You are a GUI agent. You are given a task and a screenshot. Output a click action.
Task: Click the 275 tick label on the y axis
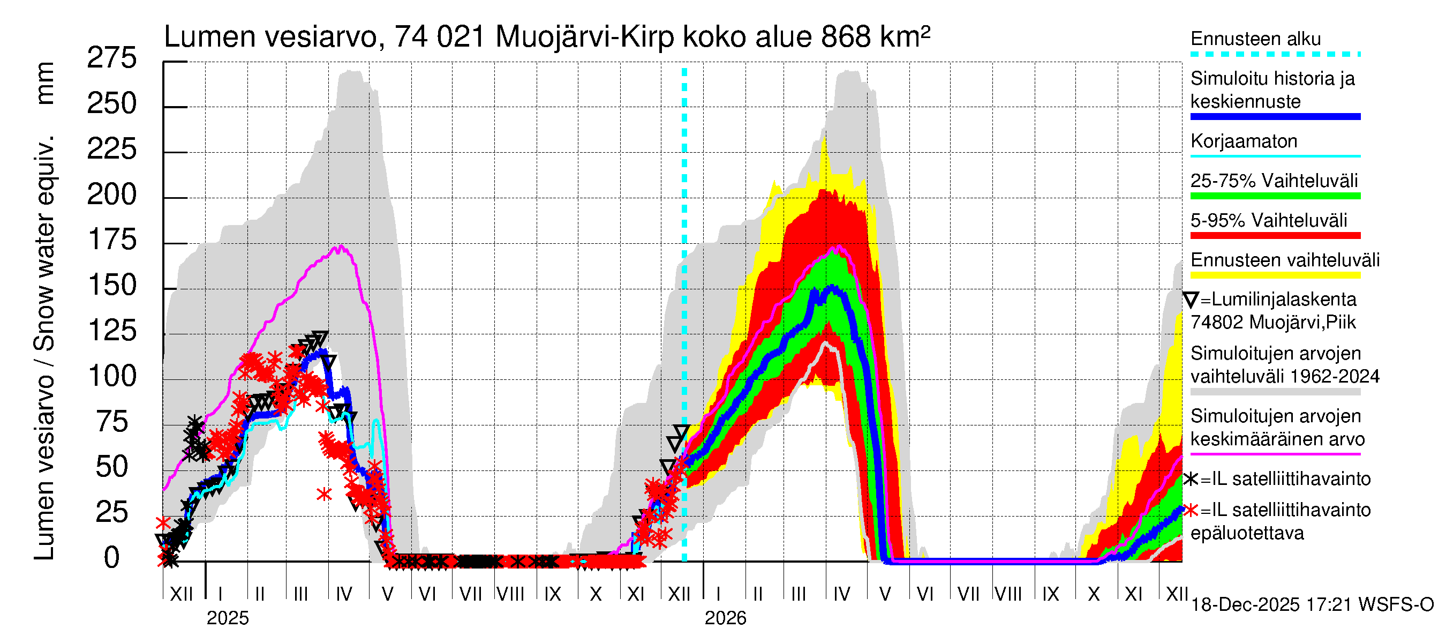[112, 58]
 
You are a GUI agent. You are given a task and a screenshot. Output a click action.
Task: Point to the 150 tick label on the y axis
[112, 286]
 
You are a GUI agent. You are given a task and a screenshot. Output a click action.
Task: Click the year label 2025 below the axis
[227, 618]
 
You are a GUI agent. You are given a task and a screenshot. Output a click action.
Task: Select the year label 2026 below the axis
[725, 618]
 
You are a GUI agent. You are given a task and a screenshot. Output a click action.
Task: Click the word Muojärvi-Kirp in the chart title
[585, 37]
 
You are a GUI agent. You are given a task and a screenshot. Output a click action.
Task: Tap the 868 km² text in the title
[875, 37]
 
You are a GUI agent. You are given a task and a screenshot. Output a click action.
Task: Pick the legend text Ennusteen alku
[1256, 39]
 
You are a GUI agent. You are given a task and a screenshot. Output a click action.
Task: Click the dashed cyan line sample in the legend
[1275, 55]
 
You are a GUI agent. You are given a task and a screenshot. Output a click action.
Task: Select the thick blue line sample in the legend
[1275, 117]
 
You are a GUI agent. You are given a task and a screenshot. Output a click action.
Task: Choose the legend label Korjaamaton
[1244, 141]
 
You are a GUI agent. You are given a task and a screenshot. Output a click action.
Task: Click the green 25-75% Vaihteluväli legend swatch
[1275, 196]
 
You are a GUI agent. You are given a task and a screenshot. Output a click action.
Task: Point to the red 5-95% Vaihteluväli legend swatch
[1275, 236]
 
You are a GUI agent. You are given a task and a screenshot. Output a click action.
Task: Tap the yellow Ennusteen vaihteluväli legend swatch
[1275, 275]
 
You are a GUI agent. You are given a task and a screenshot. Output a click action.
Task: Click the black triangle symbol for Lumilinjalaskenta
[1191, 300]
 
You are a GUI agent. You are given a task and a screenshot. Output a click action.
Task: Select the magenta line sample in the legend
[1275, 454]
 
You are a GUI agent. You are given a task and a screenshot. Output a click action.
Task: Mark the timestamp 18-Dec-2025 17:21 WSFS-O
[1312, 605]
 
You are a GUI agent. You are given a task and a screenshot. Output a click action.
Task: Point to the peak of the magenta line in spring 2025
[340, 246]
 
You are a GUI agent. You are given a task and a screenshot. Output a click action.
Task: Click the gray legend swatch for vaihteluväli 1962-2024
[1275, 392]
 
